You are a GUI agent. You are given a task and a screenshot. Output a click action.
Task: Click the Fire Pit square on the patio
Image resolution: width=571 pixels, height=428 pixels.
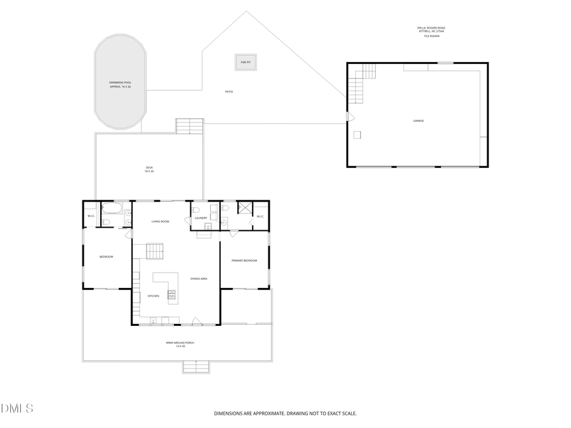point(246,62)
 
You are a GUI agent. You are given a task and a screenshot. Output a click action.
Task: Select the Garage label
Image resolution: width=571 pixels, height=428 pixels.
point(418,120)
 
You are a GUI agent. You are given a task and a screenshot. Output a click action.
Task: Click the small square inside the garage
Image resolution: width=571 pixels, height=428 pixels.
point(357,134)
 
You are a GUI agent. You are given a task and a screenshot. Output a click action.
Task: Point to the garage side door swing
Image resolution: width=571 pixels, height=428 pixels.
point(349,117)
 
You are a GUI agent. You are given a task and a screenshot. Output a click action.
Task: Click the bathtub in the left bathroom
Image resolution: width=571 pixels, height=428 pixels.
point(112,209)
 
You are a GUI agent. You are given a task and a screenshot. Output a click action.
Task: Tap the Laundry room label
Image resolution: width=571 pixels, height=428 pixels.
point(201,218)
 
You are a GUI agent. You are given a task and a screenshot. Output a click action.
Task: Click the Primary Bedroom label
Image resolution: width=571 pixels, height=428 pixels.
point(244,261)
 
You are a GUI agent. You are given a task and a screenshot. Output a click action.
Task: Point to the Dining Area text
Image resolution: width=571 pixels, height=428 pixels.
point(199,278)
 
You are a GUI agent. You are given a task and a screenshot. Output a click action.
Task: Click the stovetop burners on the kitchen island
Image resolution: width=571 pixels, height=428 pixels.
point(171,294)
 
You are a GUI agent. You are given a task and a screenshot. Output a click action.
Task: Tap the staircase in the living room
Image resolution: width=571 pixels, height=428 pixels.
point(155,251)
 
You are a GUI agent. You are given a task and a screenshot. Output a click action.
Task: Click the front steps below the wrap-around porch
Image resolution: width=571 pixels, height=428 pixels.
point(196,366)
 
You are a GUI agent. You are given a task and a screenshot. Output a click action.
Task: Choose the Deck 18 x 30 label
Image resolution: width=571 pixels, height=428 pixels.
point(149,169)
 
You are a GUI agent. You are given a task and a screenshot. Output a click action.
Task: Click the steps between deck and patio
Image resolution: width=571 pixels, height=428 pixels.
point(190,126)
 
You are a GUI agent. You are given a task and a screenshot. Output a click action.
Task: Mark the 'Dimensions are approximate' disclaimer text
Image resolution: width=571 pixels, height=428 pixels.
point(285,413)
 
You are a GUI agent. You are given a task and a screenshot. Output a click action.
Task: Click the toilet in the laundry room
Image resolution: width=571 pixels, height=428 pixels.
point(195,209)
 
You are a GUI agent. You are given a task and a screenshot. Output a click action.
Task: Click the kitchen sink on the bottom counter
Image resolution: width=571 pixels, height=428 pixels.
point(154,321)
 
